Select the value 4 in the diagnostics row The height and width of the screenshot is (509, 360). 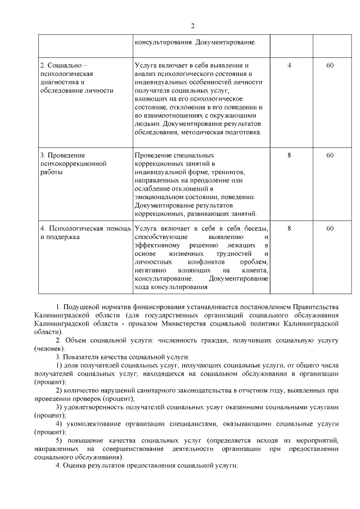289,65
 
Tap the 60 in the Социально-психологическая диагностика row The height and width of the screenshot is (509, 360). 330,65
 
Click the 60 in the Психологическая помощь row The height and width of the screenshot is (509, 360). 330,228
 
